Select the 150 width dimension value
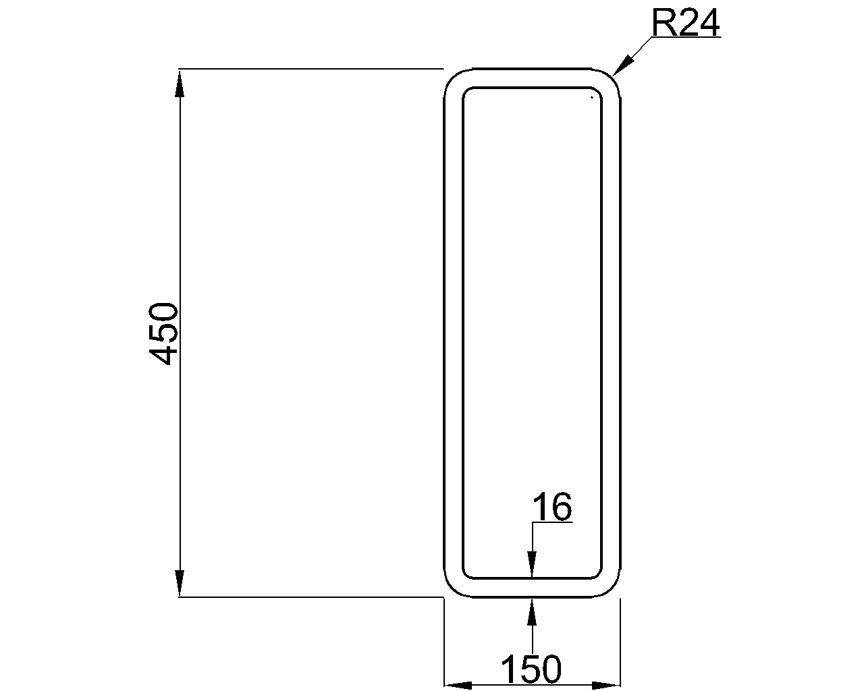pyautogui.click(x=531, y=669)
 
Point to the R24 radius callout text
pyautogui.click(x=686, y=24)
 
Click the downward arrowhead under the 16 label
pyautogui.click(x=532, y=564)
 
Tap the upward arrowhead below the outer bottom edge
pyautogui.click(x=532, y=611)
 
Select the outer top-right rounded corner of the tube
pyautogui.click(x=611, y=78)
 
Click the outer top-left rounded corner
pyautogui.click(x=453, y=78)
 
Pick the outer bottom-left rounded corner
pyautogui.click(x=453, y=588)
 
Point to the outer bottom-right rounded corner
pyautogui.click(x=611, y=588)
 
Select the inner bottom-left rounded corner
pyautogui.click(x=467, y=574)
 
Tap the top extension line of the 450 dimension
pyautogui.click(x=310, y=69)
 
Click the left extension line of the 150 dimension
pyautogui.click(x=443, y=641)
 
